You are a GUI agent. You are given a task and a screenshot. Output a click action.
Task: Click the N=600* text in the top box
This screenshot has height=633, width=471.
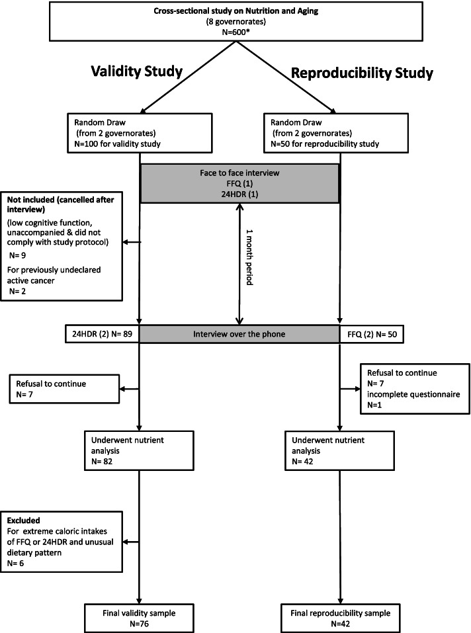click(x=235, y=34)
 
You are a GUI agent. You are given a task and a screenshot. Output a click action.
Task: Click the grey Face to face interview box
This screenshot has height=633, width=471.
click(x=239, y=183)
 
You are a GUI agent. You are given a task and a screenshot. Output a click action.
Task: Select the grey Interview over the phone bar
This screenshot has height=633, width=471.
click(x=239, y=334)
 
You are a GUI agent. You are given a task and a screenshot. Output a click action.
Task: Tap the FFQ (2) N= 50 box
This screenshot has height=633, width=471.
click(x=370, y=334)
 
